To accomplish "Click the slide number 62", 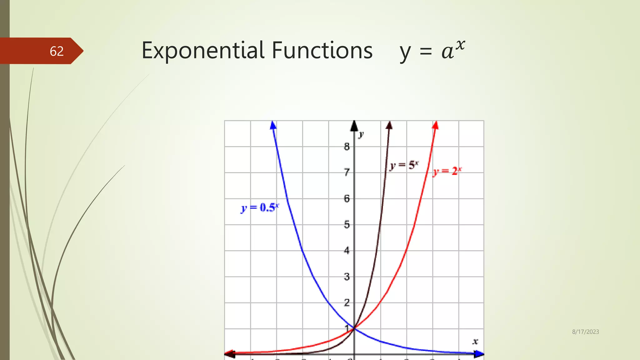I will coord(57,51).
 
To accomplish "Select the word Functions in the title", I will coord(322,51).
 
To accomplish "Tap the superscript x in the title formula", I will coord(460,45).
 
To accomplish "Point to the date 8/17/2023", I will coord(585,332).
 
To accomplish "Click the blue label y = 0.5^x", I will coord(260,208).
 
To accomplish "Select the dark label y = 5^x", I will coord(404,165).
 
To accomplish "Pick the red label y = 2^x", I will coord(447,172).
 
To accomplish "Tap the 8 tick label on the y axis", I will coord(347,147).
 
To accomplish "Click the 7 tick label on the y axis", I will coord(347,172).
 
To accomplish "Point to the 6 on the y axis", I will coord(347,199).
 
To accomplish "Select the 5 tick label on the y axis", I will coord(347,225).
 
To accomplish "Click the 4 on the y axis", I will coord(347,251).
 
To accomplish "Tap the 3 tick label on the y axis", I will coord(347,277).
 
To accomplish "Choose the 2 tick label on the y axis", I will coord(347,303).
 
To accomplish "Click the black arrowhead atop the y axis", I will coord(354,126).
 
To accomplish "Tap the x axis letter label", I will coord(475,342).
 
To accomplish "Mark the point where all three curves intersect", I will coord(354,328).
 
